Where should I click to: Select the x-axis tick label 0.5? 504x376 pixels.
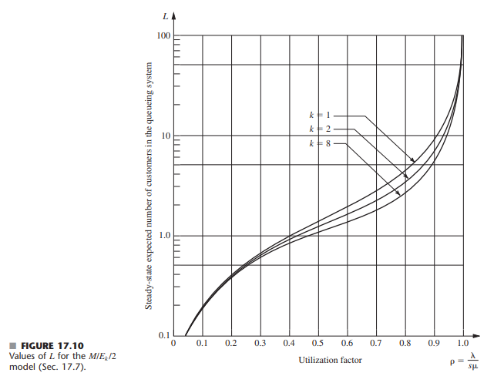point(318,344)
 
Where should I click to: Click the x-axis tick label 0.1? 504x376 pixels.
point(203,344)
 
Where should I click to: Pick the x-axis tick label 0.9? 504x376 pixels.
point(434,344)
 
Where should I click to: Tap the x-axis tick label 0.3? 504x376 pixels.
point(260,344)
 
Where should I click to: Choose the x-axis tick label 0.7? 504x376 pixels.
point(376,344)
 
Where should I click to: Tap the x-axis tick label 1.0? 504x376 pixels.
point(463,344)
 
